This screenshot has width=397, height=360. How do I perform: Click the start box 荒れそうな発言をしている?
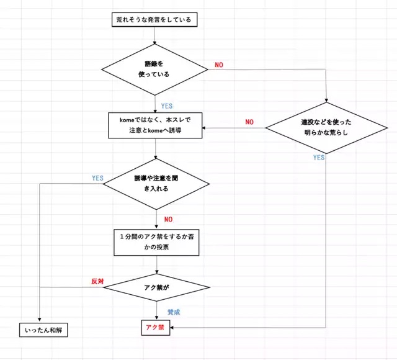[154, 20]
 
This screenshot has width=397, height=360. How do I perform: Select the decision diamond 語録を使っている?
[154, 69]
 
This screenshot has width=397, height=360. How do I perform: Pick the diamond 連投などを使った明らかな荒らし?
[326, 128]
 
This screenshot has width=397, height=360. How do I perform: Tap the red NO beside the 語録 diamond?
[219, 65]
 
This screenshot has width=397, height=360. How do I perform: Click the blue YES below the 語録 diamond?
[167, 106]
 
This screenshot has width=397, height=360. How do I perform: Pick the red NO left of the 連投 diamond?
[249, 122]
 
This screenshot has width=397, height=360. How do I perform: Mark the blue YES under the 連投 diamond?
[319, 158]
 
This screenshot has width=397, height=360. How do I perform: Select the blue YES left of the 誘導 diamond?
[97, 178]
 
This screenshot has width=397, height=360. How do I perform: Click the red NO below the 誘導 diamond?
[168, 218]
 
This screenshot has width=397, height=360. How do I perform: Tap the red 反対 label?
[97, 281]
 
